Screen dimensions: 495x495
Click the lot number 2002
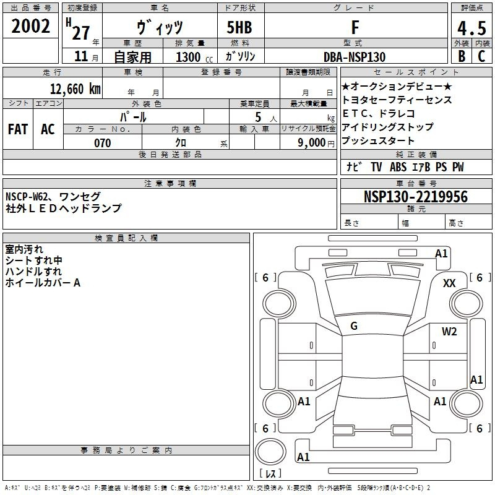(x=30, y=26)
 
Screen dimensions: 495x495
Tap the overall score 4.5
(x=471, y=28)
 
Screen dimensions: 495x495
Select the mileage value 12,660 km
(x=75, y=89)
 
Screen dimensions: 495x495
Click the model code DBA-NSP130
(x=355, y=57)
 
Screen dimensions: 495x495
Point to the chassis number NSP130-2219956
(x=416, y=197)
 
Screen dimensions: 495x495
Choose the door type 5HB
(x=239, y=27)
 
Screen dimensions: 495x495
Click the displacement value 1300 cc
(x=194, y=57)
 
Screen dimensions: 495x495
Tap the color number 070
(x=103, y=143)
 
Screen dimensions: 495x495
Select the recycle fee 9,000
(x=311, y=142)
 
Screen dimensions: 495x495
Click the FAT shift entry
(x=18, y=129)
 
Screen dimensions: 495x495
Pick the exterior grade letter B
(x=462, y=56)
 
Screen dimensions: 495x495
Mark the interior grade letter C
(x=481, y=56)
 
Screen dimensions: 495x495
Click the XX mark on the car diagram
(x=449, y=283)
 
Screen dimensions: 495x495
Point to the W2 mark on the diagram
(x=449, y=331)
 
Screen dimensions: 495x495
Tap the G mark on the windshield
(x=354, y=326)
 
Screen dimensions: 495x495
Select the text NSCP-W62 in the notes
(x=27, y=197)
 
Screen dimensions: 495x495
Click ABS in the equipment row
(x=398, y=167)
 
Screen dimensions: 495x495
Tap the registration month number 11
(x=81, y=56)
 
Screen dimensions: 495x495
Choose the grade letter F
(x=355, y=27)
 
